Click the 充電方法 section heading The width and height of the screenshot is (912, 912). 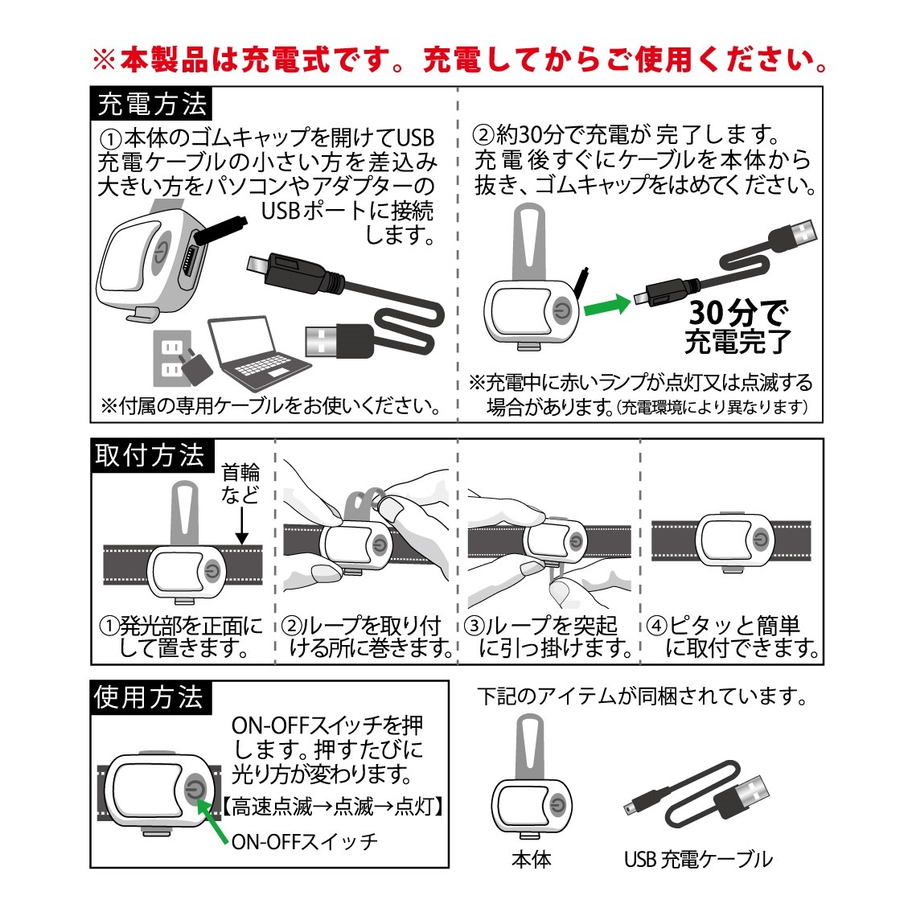(151, 104)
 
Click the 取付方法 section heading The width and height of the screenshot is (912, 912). (150, 455)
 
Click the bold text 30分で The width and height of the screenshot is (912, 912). (738, 312)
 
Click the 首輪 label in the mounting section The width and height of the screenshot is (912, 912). (240, 472)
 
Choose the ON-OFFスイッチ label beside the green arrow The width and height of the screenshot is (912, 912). (304, 841)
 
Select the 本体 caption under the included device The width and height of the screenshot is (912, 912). (531, 859)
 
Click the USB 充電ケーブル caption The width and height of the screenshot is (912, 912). (698, 859)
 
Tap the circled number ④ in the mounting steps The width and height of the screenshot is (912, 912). (657, 626)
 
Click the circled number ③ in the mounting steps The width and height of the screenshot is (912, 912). (475, 626)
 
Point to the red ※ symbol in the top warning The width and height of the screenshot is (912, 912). (105, 60)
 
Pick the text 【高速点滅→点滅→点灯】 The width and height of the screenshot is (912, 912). (333, 807)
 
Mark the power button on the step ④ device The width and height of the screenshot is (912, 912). (760, 540)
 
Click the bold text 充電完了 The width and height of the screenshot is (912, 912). (738, 342)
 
